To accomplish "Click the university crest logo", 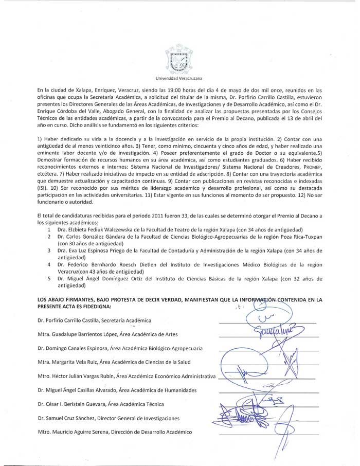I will click(178, 60).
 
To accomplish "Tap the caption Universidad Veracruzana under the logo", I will click(178, 79).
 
